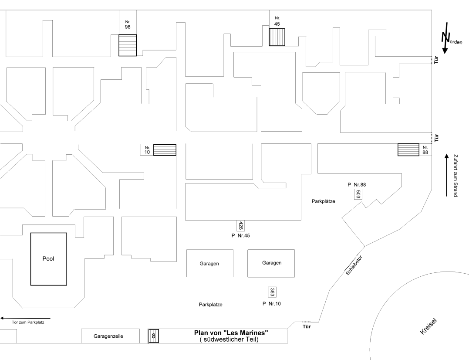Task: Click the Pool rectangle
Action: click(x=48, y=259)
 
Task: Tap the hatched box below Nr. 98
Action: click(x=128, y=45)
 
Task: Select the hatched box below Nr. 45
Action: click(x=277, y=37)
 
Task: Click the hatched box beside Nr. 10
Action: click(x=165, y=150)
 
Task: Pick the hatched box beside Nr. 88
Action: click(x=408, y=150)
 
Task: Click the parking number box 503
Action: click(x=358, y=194)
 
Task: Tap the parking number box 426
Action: click(x=240, y=226)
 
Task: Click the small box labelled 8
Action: click(x=153, y=336)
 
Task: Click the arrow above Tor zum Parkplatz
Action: click(x=25, y=318)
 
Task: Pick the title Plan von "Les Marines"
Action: click(x=231, y=333)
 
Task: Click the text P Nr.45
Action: click(x=240, y=236)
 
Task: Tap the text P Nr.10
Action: click(x=273, y=303)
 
